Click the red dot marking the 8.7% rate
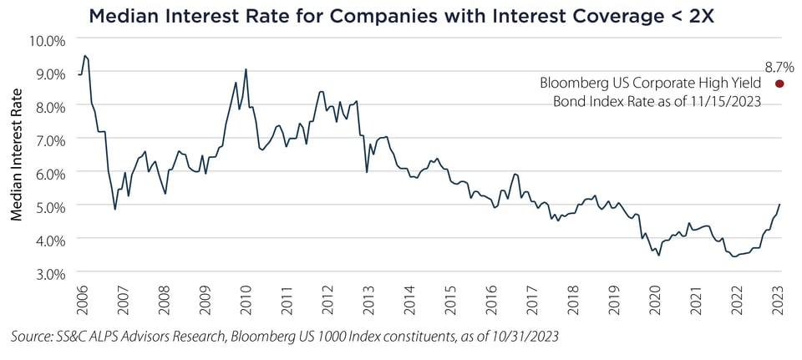coord(779,84)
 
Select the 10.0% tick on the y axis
coord(48,40)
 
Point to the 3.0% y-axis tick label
coord(50,272)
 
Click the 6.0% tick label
coord(50,173)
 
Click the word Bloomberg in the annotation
coord(576,84)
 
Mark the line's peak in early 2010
coord(246,69)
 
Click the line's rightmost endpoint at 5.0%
coord(780,205)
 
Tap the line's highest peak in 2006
coord(84,56)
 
